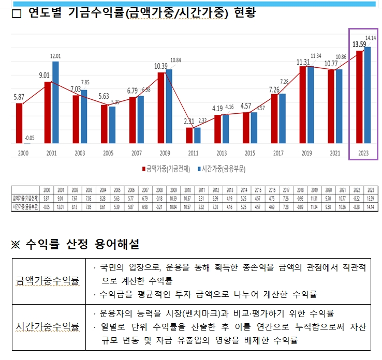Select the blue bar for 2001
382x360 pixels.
pyautogui.click(x=55, y=102)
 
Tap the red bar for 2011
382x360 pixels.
pyautogui.click(x=189, y=135)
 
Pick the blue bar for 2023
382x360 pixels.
pyautogui.click(x=368, y=95)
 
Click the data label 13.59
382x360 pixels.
pyautogui.click(x=359, y=44)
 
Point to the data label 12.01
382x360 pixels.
pyautogui.click(x=56, y=56)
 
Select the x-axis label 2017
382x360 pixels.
pyautogui.click(x=278, y=154)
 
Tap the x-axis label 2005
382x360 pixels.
pyautogui.click(x=108, y=154)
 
